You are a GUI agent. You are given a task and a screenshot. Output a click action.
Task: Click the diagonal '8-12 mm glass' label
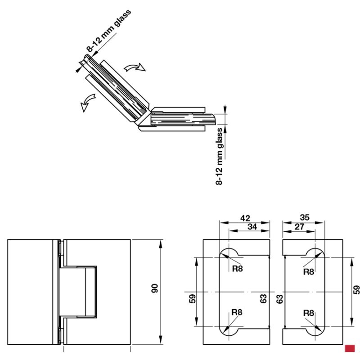pos(109,30)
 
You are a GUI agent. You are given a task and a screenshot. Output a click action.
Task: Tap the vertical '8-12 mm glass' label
pos(219,156)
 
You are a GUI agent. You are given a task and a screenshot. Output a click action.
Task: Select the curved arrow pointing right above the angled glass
pos(135,67)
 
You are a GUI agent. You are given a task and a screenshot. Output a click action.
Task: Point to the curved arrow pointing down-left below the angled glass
pos(88,103)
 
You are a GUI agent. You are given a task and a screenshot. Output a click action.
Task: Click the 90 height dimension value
pos(154,288)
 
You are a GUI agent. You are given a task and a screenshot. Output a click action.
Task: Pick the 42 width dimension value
pos(245,218)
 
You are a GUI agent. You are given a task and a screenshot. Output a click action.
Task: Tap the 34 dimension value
pos(252,227)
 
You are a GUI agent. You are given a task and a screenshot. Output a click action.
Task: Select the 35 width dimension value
pos(305,217)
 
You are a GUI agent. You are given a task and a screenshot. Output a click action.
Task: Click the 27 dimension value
pos(299,227)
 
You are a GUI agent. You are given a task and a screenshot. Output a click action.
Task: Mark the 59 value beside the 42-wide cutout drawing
pos(193,298)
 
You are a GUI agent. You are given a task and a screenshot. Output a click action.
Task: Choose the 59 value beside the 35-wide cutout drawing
pos(356,290)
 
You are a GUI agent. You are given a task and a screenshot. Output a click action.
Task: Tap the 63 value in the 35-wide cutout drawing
pos(279,299)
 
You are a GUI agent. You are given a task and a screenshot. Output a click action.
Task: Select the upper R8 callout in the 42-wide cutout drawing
pos(238,268)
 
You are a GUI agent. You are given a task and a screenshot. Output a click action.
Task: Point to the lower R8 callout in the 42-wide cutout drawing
pos(237,312)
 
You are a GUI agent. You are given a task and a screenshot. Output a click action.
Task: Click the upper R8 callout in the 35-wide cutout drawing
pos(309,272)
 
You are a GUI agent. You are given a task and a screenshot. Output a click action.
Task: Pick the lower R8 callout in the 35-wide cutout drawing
pos(309,313)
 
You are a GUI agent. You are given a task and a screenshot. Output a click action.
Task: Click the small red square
pos(350,348)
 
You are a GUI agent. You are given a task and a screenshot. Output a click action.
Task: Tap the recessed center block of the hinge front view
pos(78,292)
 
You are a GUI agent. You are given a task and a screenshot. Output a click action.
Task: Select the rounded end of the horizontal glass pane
pos(213,119)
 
